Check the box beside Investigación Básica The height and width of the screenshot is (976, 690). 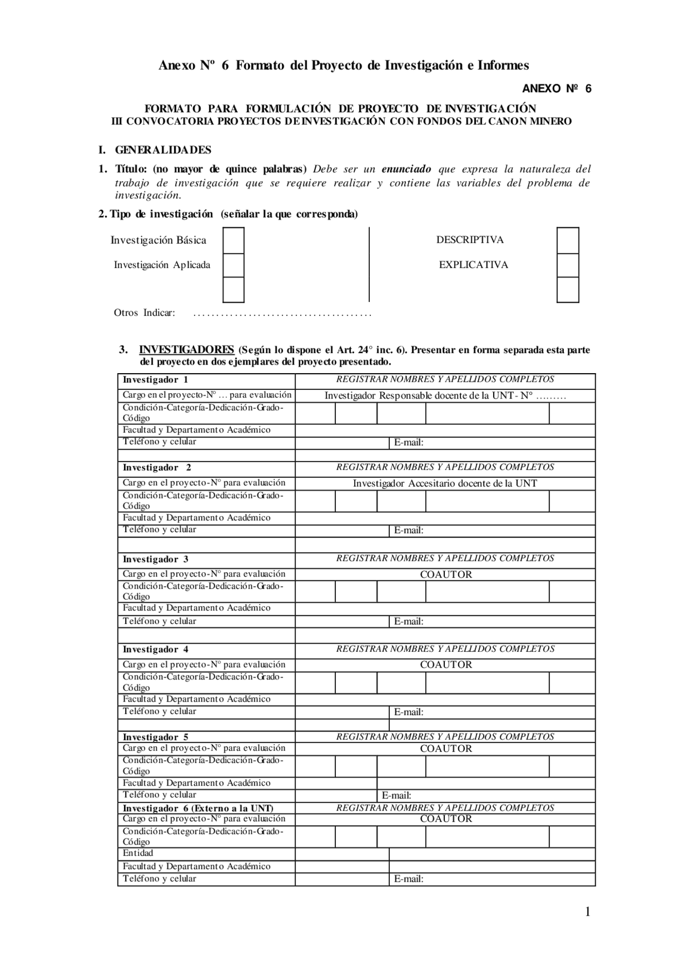(233, 240)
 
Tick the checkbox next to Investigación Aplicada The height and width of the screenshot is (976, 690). (233, 265)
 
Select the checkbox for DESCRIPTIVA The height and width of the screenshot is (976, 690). (568, 240)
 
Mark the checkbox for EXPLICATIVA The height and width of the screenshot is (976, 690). (568, 265)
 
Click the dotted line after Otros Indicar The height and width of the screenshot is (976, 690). (282, 314)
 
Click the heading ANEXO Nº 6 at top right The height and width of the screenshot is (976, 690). (556, 89)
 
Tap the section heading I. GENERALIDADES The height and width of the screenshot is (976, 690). (155, 150)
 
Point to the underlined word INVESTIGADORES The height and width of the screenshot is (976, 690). (186, 349)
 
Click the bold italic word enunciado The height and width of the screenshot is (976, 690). (406, 169)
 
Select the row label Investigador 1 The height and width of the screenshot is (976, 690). (155, 380)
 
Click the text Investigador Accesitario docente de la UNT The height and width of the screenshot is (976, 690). (445, 484)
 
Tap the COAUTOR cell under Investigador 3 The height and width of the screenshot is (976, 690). (446, 575)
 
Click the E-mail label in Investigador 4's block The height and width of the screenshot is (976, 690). (408, 712)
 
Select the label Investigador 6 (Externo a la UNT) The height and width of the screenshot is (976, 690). (198, 808)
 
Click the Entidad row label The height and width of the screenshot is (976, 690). (138, 853)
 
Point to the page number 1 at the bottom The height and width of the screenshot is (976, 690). (588, 912)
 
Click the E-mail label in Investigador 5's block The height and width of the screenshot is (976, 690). (396, 795)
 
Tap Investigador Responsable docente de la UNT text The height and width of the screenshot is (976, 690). (445, 396)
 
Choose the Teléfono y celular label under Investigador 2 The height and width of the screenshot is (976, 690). (159, 530)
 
